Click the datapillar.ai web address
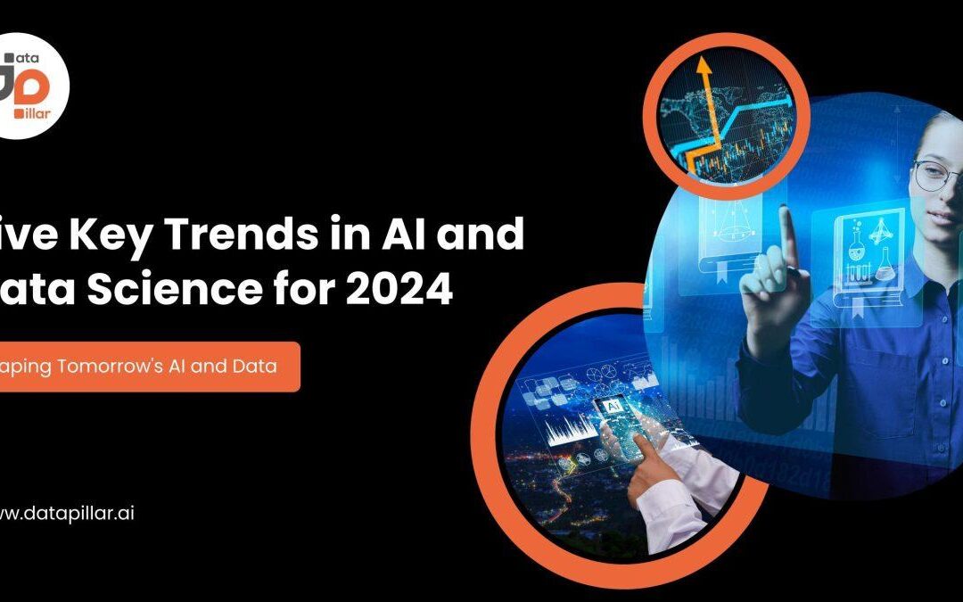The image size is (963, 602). click(x=67, y=514)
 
